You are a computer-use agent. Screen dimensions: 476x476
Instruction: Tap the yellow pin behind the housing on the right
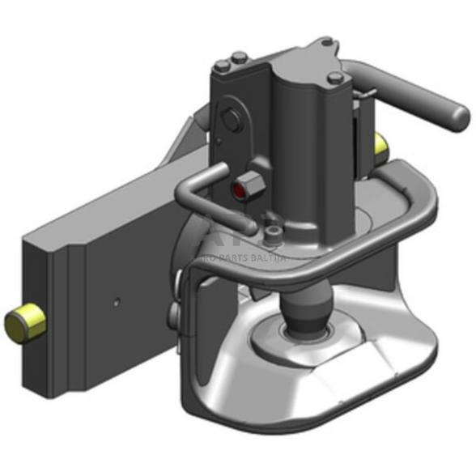381,145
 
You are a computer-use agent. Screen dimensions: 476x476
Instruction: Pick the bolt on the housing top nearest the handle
335,79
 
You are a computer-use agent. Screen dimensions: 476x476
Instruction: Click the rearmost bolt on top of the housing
325,41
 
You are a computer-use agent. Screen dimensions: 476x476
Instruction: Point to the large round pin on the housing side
232,121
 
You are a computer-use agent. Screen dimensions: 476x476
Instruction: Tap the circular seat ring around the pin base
304,338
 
